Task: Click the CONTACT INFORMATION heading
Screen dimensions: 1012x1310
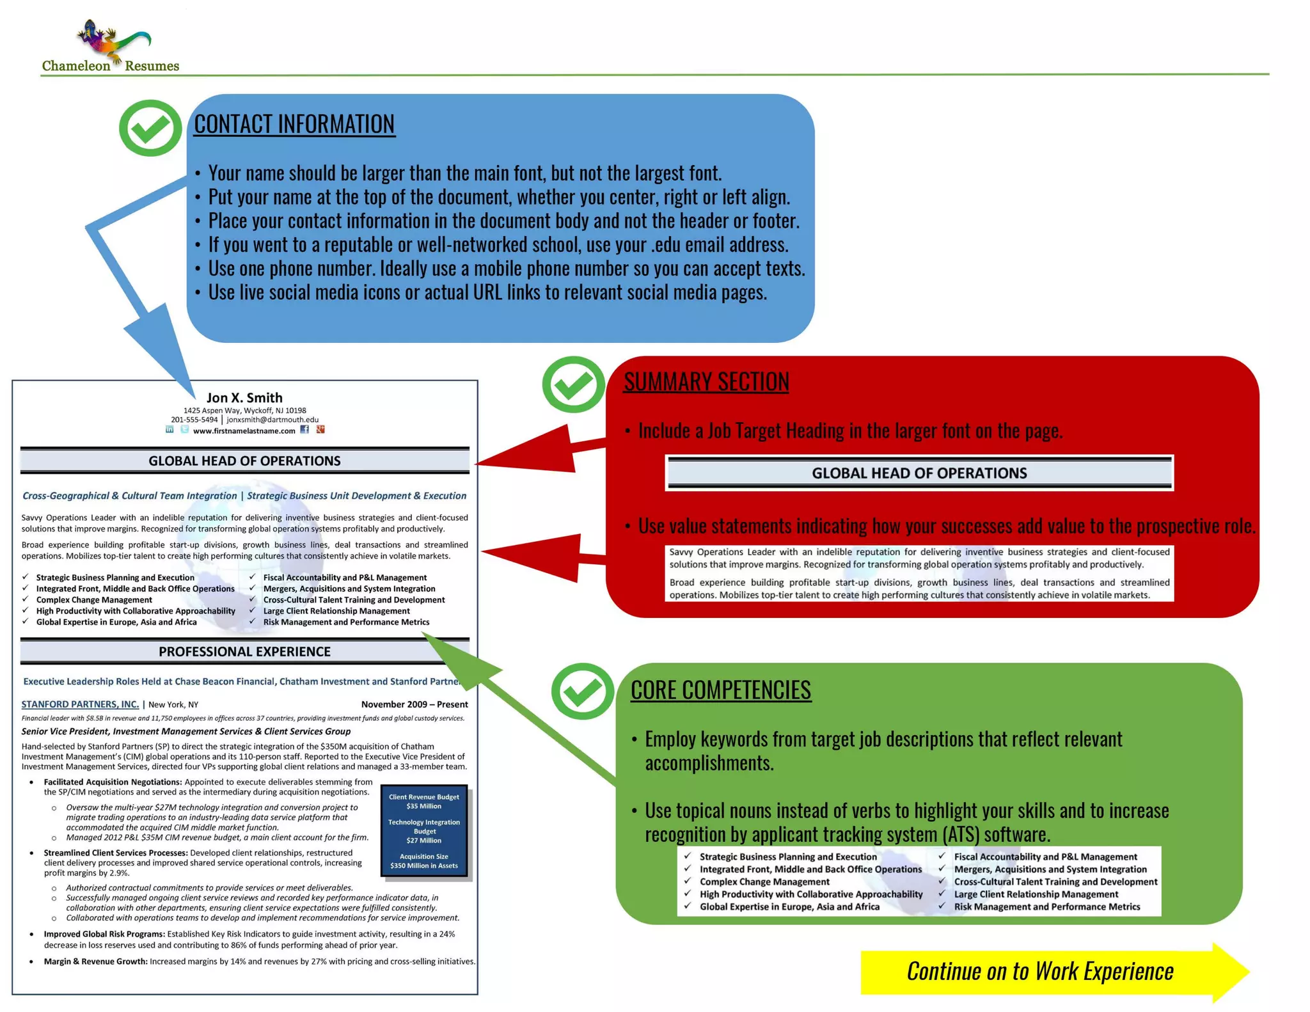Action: pos(294,124)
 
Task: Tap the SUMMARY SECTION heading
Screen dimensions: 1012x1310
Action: pos(706,382)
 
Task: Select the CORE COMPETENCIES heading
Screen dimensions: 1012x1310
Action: pos(720,690)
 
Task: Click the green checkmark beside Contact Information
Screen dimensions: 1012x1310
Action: pos(150,128)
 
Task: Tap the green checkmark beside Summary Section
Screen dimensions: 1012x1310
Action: pos(573,384)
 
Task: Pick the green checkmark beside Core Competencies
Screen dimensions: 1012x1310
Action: pos(583,692)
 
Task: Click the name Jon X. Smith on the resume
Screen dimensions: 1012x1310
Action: pos(244,398)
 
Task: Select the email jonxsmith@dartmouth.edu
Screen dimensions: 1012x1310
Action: pos(272,420)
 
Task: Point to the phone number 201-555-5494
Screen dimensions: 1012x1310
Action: pos(194,420)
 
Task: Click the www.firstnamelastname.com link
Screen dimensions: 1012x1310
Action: pos(244,431)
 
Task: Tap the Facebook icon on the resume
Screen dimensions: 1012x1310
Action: pos(304,430)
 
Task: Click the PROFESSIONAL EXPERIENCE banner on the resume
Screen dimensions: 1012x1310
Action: pos(244,652)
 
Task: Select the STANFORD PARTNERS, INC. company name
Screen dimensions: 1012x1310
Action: pos(80,704)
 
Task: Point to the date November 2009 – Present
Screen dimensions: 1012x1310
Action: pos(414,704)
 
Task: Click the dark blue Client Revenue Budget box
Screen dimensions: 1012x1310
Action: pos(424,831)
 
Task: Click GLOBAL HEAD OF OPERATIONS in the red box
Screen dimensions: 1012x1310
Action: pos(919,473)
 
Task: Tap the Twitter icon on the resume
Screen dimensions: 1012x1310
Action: pos(184,430)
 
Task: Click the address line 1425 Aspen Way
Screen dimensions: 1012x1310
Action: pos(244,411)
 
